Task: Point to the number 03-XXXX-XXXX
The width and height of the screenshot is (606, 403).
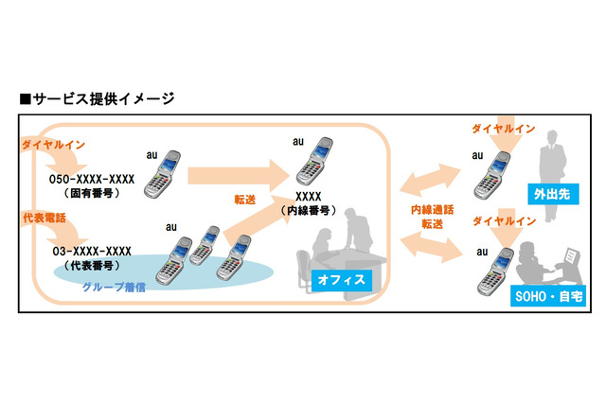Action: point(90,252)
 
